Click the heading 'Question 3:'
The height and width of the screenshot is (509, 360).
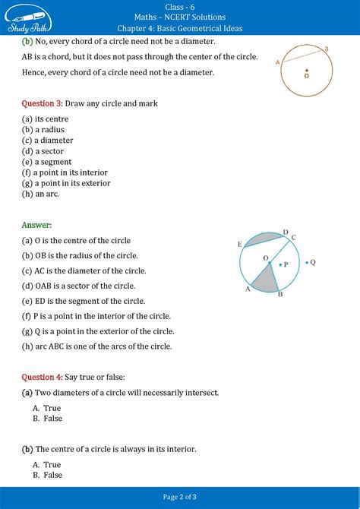click(x=42, y=103)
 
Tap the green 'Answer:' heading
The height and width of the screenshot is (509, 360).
click(x=36, y=225)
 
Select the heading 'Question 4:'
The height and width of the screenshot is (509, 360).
click(x=42, y=377)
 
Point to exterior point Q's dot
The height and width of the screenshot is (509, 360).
click(x=307, y=263)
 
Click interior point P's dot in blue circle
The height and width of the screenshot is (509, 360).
click(x=280, y=265)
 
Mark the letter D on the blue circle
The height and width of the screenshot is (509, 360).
click(x=285, y=232)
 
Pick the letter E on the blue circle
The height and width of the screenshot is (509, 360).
click(x=239, y=244)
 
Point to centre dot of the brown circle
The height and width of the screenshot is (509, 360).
click(x=306, y=74)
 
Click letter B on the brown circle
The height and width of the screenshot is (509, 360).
click(x=327, y=49)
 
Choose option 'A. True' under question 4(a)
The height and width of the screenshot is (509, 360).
click(x=47, y=408)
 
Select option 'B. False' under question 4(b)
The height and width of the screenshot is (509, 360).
click(x=48, y=475)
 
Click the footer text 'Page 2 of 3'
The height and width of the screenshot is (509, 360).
click(x=180, y=497)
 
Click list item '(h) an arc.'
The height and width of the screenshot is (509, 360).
click(x=41, y=194)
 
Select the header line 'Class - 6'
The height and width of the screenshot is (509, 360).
click(x=180, y=5)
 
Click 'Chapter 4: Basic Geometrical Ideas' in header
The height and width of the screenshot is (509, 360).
click(x=180, y=27)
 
